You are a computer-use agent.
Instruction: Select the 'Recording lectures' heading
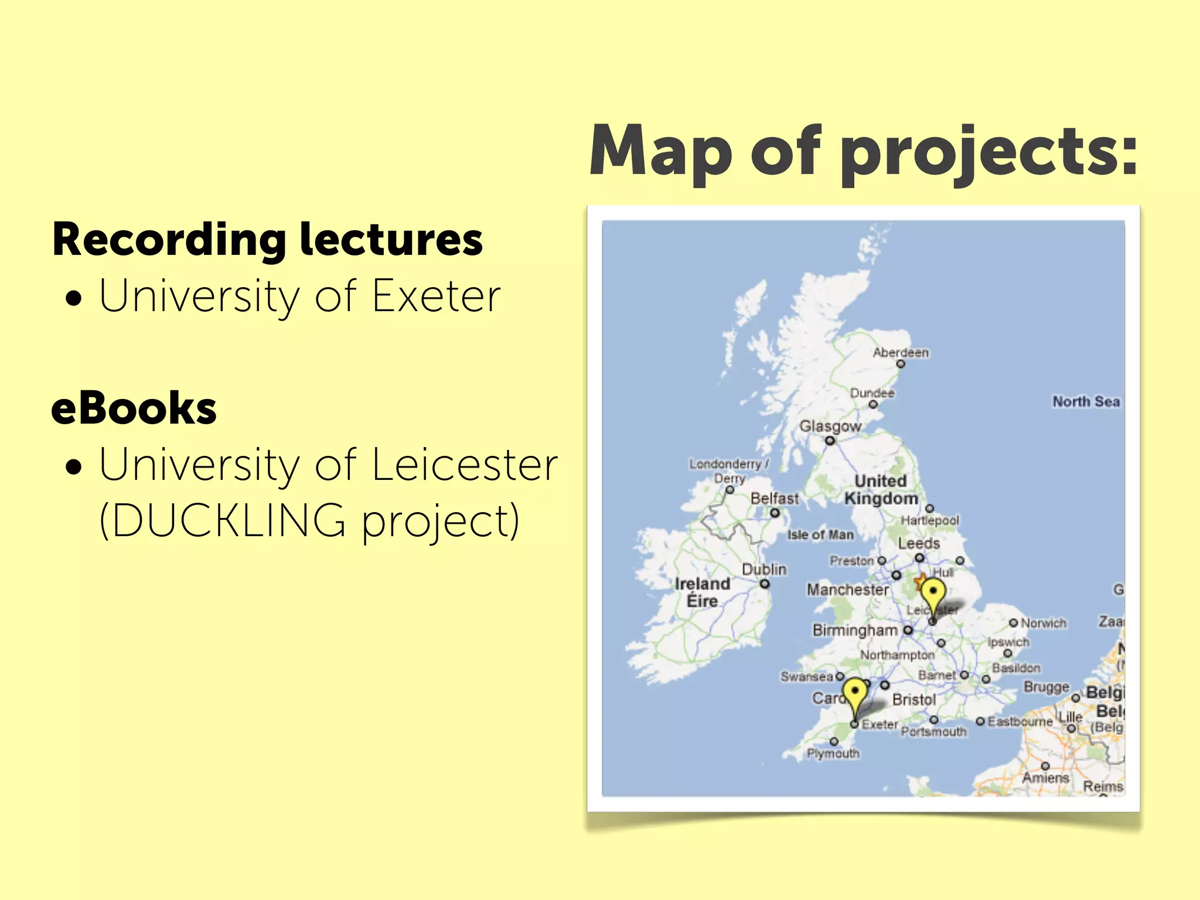pyautogui.click(x=267, y=240)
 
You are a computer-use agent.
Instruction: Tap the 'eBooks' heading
pyautogui.click(x=134, y=408)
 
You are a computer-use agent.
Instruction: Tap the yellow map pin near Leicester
pyautogui.click(x=933, y=595)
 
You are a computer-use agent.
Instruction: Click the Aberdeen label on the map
pyautogui.click(x=901, y=353)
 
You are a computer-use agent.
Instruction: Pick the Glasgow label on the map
pyautogui.click(x=830, y=426)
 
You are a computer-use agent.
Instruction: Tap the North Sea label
pyautogui.click(x=1086, y=402)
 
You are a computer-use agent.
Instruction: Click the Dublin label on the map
pyautogui.click(x=764, y=570)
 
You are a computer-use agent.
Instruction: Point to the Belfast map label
pyautogui.click(x=774, y=499)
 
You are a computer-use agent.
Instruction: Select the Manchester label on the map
pyautogui.click(x=847, y=589)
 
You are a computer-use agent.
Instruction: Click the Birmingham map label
pyautogui.click(x=855, y=630)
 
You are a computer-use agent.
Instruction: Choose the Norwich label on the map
pyautogui.click(x=1043, y=623)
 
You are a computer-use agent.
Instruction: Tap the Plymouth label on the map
pyautogui.click(x=833, y=754)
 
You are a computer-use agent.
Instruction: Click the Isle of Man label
pyautogui.click(x=820, y=535)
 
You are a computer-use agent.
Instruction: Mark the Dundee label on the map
pyautogui.click(x=872, y=393)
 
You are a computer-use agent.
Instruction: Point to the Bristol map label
pyautogui.click(x=913, y=700)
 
